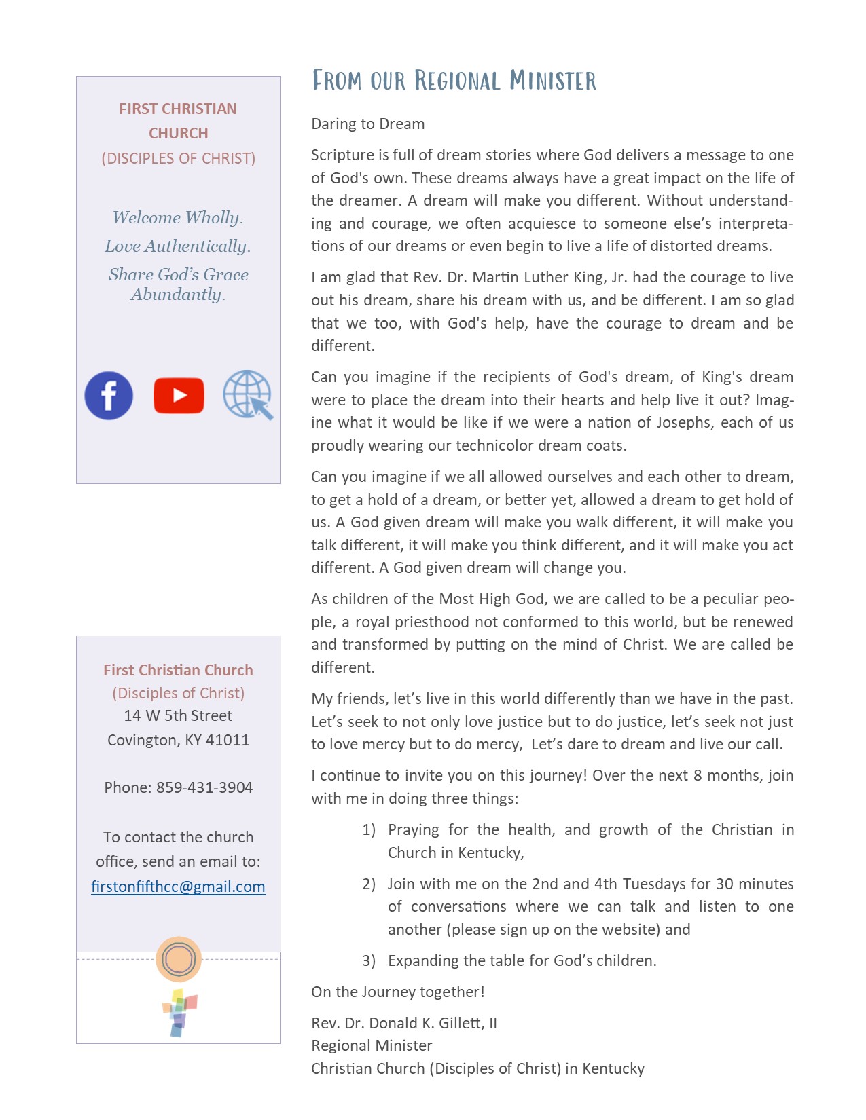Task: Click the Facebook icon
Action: pyautogui.click(x=109, y=396)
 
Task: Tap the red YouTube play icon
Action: pyautogui.click(x=179, y=396)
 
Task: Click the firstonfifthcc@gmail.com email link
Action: pyautogui.click(x=178, y=886)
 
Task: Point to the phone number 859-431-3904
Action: pyautogui.click(x=204, y=787)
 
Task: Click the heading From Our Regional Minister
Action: pyautogui.click(x=454, y=81)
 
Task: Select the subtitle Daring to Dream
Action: pyautogui.click(x=367, y=124)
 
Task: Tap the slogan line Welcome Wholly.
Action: pyautogui.click(x=177, y=217)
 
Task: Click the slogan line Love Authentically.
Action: pyautogui.click(x=177, y=246)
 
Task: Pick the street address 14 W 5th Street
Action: pyautogui.click(x=178, y=715)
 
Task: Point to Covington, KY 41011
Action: pyautogui.click(x=178, y=740)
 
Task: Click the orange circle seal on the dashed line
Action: pyautogui.click(x=179, y=959)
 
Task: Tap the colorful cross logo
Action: pyautogui.click(x=179, y=1012)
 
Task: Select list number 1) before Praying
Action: pyautogui.click(x=369, y=829)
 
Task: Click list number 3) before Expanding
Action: pyautogui.click(x=369, y=960)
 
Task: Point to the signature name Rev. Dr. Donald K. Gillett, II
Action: pyautogui.click(x=404, y=1023)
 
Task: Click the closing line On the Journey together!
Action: pyautogui.click(x=398, y=992)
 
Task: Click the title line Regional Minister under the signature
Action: pyautogui.click(x=372, y=1045)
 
